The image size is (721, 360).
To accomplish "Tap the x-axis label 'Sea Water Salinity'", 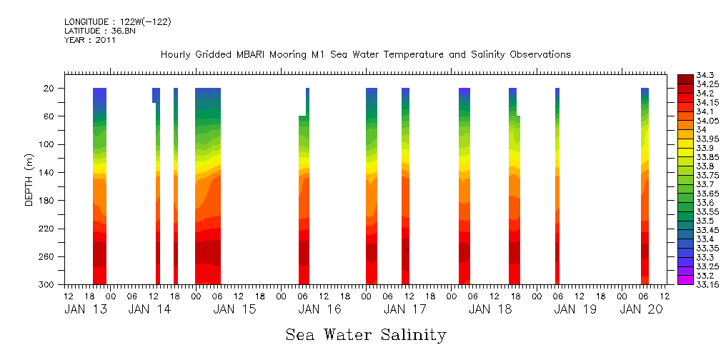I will [366, 335].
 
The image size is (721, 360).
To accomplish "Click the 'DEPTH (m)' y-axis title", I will [29, 186].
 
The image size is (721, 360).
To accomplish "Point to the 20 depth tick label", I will [50, 89].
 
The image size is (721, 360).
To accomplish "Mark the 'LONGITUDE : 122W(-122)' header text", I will [117, 22].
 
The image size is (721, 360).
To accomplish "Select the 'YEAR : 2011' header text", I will [89, 40].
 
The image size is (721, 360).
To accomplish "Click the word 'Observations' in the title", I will [539, 55].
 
